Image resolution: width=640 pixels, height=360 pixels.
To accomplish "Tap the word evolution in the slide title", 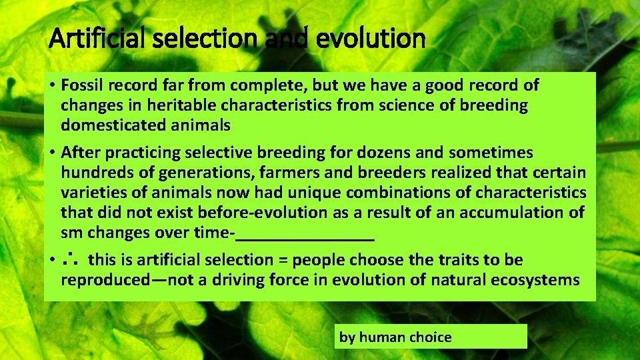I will point(371,38).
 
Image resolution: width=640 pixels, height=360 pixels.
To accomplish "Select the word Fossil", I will point(79,85).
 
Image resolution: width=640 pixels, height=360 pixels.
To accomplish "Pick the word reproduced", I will point(105,280).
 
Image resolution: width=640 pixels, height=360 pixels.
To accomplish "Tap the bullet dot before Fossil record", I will point(51,86).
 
